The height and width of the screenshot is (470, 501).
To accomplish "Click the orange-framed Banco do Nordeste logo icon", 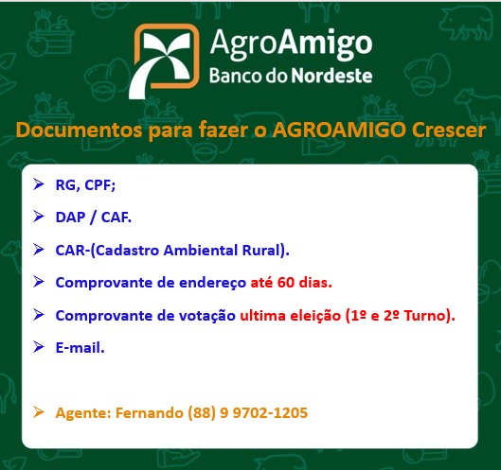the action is (164, 61).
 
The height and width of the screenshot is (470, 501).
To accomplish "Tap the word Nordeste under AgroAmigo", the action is (332, 76).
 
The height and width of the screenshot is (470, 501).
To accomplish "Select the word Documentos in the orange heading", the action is (80, 130).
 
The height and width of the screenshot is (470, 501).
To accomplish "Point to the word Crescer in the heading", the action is (449, 130).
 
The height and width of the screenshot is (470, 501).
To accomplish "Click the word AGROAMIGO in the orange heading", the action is (339, 130).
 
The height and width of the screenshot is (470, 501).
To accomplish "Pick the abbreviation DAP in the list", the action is (71, 218).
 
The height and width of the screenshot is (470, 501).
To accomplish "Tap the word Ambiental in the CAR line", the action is (201, 250).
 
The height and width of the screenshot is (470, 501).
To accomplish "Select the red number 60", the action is (286, 283).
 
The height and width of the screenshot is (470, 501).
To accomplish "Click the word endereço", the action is (212, 283).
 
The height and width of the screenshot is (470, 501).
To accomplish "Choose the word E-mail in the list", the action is (80, 347).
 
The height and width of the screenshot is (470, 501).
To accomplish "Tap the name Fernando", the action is (150, 412).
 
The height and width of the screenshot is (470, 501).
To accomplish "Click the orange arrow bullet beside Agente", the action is (38, 411).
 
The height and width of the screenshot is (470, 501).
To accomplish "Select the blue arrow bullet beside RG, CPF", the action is (38, 184).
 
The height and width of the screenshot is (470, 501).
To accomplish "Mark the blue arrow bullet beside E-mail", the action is (38, 346).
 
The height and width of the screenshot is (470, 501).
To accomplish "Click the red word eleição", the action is (315, 316).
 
